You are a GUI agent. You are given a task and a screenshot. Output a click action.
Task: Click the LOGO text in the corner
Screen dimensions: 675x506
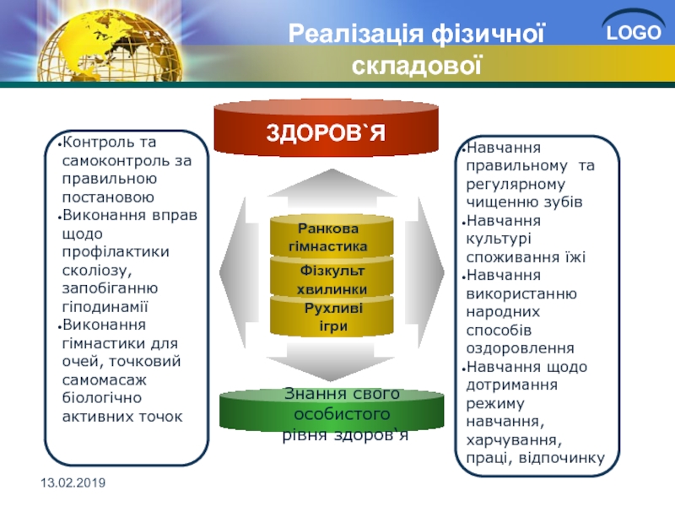634,33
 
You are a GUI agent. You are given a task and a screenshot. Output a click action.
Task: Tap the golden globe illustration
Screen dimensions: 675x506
110,46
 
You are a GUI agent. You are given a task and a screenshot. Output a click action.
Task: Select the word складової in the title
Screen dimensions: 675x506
416,66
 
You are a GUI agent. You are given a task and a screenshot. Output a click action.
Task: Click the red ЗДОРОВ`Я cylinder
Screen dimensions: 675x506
327,128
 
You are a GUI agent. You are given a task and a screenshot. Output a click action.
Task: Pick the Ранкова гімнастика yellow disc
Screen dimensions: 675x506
332,236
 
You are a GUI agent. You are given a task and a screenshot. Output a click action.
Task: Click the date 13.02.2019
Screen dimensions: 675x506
73,482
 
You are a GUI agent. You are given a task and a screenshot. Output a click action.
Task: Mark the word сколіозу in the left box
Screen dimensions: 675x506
97,271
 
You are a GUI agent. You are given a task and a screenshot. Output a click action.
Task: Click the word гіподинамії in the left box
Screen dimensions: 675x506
105,306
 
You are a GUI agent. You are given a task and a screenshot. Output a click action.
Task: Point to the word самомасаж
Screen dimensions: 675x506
104,380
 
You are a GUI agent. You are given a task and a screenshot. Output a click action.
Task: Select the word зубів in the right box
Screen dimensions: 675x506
563,202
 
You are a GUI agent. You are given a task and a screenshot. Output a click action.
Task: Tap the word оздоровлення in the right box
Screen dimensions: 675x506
520,348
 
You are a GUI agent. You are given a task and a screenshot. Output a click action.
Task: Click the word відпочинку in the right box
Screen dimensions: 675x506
562,458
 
